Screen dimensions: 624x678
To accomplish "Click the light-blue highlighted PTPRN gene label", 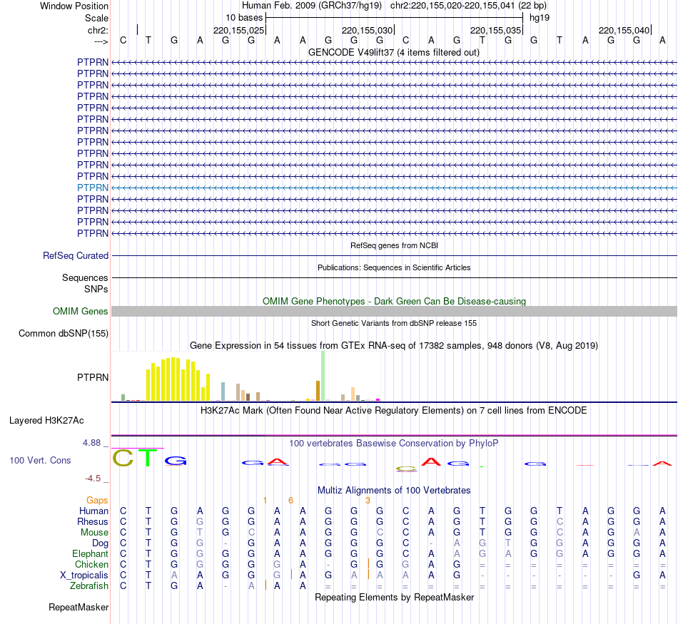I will [93, 188].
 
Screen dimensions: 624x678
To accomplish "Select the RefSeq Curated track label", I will [76, 255].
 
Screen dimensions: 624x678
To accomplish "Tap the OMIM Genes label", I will [81, 312].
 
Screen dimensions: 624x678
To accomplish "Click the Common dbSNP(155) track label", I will [64, 334].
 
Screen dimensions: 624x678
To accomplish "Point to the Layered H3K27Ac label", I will [46, 420].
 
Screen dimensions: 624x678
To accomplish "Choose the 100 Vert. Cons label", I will [40, 461].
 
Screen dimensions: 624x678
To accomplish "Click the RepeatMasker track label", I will [79, 608].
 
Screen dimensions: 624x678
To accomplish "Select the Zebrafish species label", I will [89, 586].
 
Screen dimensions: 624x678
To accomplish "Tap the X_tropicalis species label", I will [84, 576].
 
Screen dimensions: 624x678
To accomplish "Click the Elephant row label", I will [90, 553].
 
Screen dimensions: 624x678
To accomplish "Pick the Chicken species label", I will [91, 565].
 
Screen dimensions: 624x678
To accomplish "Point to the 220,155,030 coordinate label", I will [368, 30].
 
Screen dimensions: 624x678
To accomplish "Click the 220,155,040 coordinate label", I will [624, 30].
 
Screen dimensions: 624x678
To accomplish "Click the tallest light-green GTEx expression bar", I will [323, 376].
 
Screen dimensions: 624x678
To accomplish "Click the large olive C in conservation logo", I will [123, 458].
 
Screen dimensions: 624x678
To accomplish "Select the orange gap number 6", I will [290, 501].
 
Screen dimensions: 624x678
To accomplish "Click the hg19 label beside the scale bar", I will [540, 17].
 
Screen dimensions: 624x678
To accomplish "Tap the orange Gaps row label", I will [97, 501].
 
